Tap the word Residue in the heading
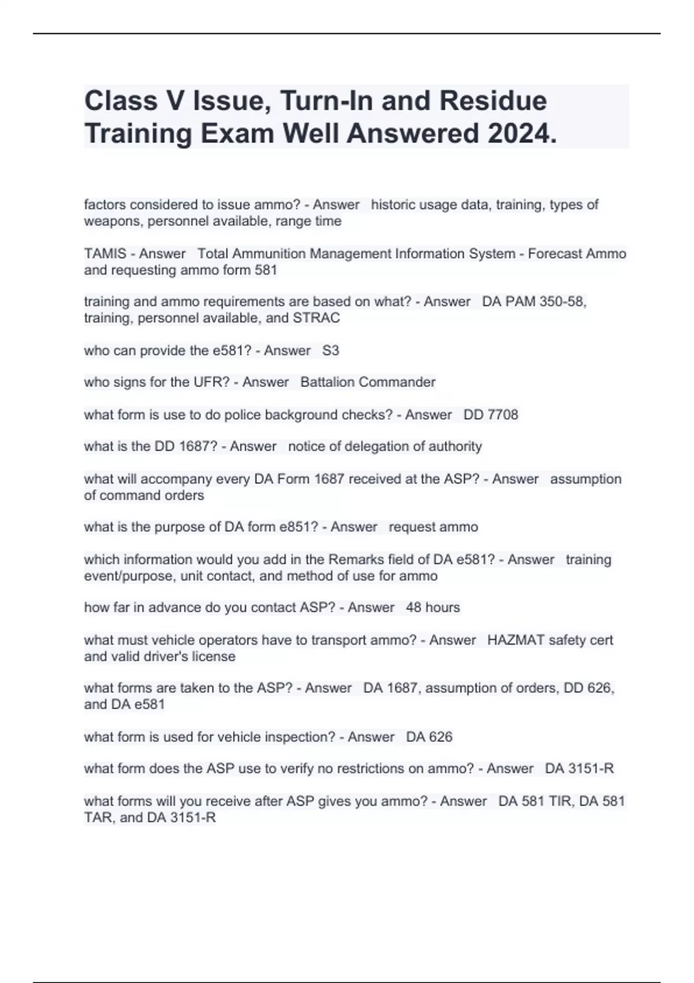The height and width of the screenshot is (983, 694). pyautogui.click(x=493, y=101)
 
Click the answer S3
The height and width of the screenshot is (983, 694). pyautogui.click(x=331, y=350)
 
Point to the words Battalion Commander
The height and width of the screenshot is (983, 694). pyautogui.click(x=368, y=382)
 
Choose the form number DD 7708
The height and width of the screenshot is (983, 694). pyautogui.click(x=491, y=415)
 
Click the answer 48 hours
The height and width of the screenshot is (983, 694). pyautogui.click(x=433, y=608)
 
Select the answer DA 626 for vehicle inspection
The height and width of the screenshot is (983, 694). pyautogui.click(x=429, y=737)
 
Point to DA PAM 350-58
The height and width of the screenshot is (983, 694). pyautogui.click(x=534, y=302)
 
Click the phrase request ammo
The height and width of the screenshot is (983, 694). pyautogui.click(x=433, y=527)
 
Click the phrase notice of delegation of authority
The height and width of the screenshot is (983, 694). pyautogui.click(x=385, y=446)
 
